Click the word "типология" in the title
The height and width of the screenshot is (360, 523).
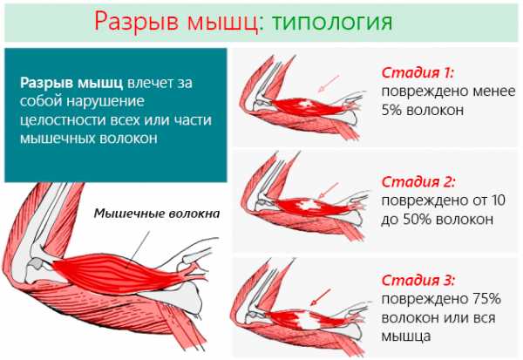click(x=332, y=22)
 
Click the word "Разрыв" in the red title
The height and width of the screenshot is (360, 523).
click(x=138, y=22)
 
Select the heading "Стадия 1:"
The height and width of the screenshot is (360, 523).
click(x=418, y=72)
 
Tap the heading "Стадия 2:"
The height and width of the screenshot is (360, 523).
click(x=418, y=182)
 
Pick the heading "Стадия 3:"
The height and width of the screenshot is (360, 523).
click(x=418, y=281)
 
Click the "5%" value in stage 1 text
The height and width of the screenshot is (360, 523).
click(x=391, y=110)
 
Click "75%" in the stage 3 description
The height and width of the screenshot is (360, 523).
click(x=486, y=299)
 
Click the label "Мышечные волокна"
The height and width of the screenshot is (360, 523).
click(x=157, y=214)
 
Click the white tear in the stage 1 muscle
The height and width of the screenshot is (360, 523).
click(x=306, y=104)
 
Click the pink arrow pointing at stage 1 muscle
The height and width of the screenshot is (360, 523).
click(x=329, y=83)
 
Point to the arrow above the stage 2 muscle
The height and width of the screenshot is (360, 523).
click(x=329, y=191)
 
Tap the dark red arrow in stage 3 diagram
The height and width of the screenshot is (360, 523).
click(x=320, y=297)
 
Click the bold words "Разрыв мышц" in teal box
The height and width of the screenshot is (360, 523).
click(x=71, y=83)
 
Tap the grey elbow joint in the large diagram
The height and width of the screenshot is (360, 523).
click(x=36, y=264)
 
